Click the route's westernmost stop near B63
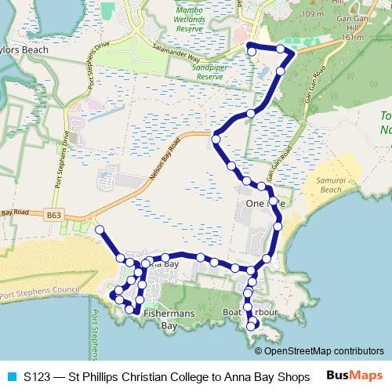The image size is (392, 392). (x=100, y=230)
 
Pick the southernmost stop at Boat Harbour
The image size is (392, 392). (x=252, y=325)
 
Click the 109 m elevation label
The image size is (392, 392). (x=315, y=13)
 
